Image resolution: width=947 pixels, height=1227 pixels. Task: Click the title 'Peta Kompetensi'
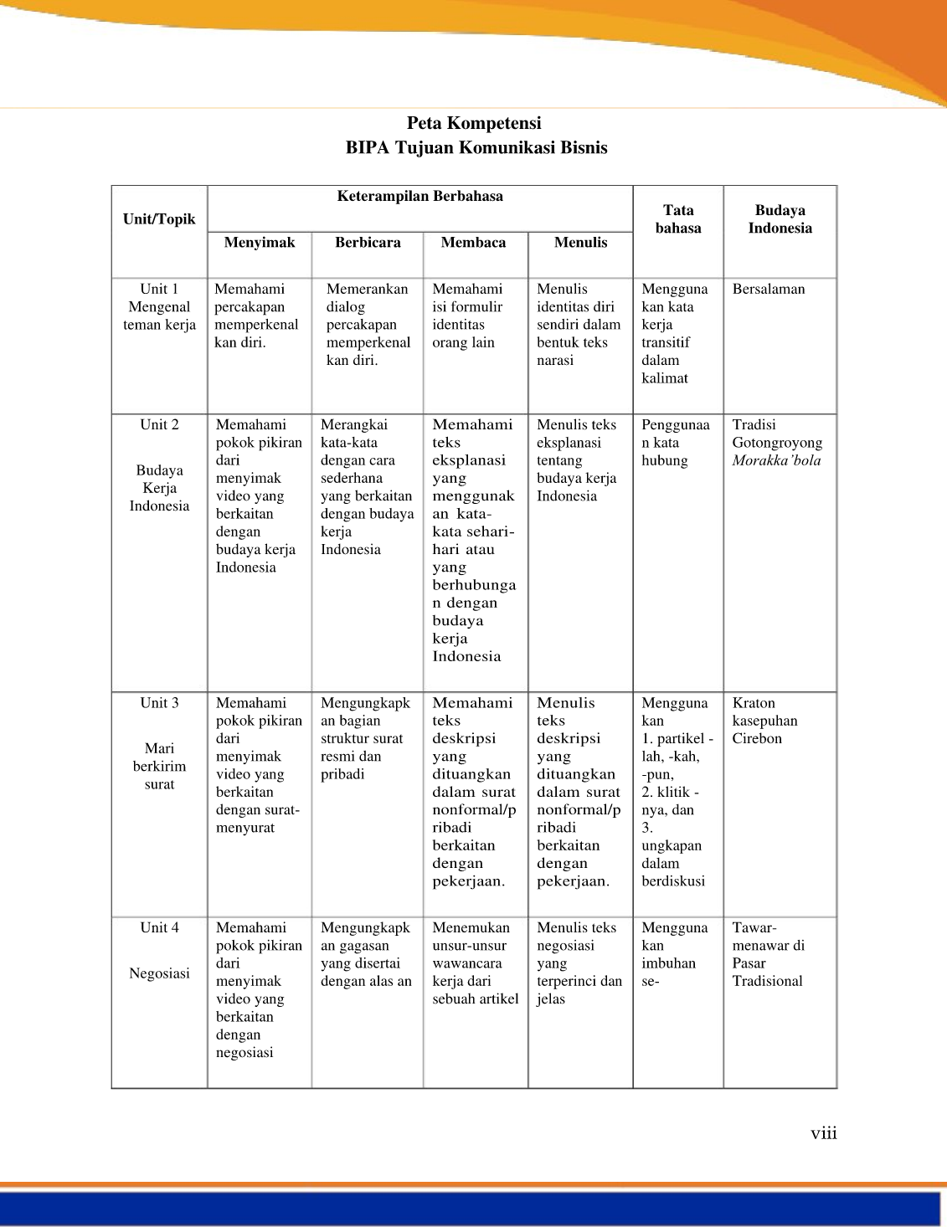click(474, 123)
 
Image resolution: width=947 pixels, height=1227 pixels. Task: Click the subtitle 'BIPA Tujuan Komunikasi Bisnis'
click(476, 148)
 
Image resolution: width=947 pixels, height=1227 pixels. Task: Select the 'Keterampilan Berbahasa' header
click(419, 197)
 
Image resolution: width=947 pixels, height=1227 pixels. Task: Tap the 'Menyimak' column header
click(260, 243)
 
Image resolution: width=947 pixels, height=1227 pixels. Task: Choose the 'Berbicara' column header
click(368, 243)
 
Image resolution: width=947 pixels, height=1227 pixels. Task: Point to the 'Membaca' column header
click(473, 243)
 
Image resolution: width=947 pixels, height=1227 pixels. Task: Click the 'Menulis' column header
click(580, 243)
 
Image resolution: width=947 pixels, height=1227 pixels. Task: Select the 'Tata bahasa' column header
click(678, 219)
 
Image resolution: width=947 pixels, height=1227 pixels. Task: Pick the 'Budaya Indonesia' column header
click(780, 219)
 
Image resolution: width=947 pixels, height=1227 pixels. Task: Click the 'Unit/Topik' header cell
click(159, 219)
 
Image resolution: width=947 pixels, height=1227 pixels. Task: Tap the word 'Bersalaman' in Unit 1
click(768, 290)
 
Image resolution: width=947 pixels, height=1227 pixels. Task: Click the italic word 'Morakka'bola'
click(776, 460)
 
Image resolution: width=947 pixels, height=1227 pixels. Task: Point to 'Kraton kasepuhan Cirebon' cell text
click(764, 721)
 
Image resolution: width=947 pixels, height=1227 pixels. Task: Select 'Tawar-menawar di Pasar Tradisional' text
click(768, 954)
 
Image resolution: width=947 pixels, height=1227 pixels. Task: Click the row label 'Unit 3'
click(159, 703)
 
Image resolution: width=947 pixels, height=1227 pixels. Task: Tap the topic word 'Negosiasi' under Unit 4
click(159, 973)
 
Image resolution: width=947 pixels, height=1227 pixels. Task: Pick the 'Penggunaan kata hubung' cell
click(675, 443)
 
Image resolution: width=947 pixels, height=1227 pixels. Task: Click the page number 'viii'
click(823, 1134)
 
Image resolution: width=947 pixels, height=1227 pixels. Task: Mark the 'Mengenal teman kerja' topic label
click(159, 316)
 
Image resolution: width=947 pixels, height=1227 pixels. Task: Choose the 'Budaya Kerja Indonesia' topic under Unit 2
click(159, 488)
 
